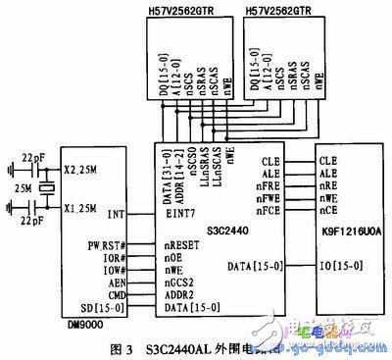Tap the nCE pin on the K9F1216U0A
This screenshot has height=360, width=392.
[329, 210]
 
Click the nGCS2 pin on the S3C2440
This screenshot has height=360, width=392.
[176, 282]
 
